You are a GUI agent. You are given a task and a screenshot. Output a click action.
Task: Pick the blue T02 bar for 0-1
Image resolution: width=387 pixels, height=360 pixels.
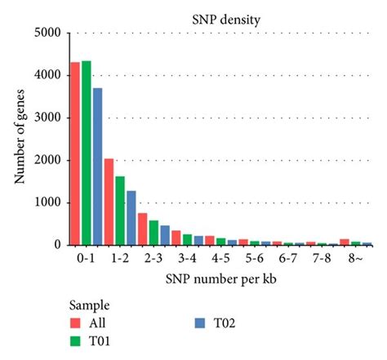[x=98, y=167]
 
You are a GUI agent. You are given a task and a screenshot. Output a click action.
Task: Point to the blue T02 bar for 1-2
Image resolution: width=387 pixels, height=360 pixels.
[x=131, y=218]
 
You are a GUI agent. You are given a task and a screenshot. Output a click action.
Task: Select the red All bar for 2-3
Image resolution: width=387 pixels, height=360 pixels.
[x=142, y=229]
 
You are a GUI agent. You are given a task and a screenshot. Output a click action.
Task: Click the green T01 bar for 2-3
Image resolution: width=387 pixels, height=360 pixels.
[x=153, y=233]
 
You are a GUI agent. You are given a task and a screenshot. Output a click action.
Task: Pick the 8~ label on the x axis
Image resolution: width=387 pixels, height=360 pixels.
[x=354, y=257]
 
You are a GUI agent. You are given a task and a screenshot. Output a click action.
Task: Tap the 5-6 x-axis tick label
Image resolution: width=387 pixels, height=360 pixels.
[x=254, y=257]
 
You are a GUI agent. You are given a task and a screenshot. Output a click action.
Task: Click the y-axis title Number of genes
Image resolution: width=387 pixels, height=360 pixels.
[x=18, y=139]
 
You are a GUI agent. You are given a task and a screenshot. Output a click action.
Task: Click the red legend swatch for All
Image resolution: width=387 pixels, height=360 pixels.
[x=74, y=322]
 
